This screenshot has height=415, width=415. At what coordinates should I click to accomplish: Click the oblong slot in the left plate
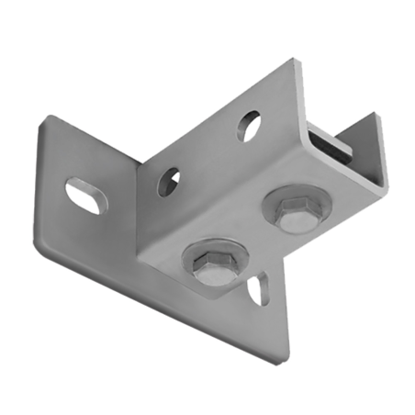[83, 196]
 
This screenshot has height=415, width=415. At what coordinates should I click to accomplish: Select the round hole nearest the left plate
[168, 181]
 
